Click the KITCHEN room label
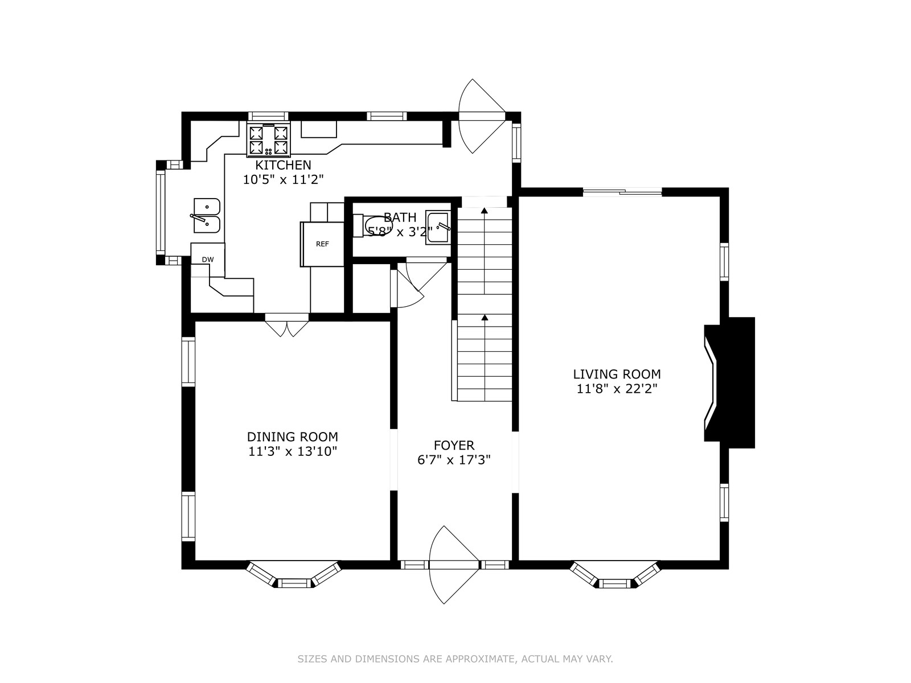pyautogui.click(x=283, y=165)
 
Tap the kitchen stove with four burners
pyautogui.click(x=269, y=140)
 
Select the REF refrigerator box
pyautogui.click(x=322, y=244)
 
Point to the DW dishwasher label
pyautogui.click(x=208, y=260)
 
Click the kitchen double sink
pyautogui.click(x=206, y=215)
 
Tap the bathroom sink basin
pyautogui.click(x=438, y=227)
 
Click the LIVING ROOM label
pyautogui.click(x=617, y=374)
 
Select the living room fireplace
pyautogui.click(x=729, y=382)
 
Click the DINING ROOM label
pyautogui.click(x=293, y=437)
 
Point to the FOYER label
pyautogui.click(x=454, y=446)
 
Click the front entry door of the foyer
pyautogui.click(x=454, y=565)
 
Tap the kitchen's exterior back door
pyautogui.click(x=482, y=117)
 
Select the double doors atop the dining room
pyautogui.click(x=287, y=324)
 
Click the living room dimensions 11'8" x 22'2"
pyautogui.click(x=617, y=389)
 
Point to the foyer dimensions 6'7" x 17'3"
pyautogui.click(x=454, y=460)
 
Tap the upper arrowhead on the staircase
pyautogui.click(x=485, y=210)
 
